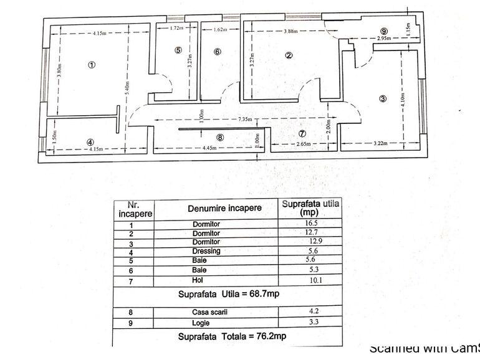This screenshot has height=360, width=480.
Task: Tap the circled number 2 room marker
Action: coord(289,55)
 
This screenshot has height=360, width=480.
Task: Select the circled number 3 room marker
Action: coord(383,98)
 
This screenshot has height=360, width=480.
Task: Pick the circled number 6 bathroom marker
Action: coord(217,52)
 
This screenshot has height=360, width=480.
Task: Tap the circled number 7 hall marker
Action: coord(302,133)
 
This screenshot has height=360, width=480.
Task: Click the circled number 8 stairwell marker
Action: coord(219,137)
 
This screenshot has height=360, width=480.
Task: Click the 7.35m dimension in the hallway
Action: coord(244,119)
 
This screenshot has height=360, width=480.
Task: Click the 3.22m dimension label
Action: coord(380,144)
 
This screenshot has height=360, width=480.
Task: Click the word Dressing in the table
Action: coord(206,250)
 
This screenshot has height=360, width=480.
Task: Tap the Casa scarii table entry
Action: coord(206,313)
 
